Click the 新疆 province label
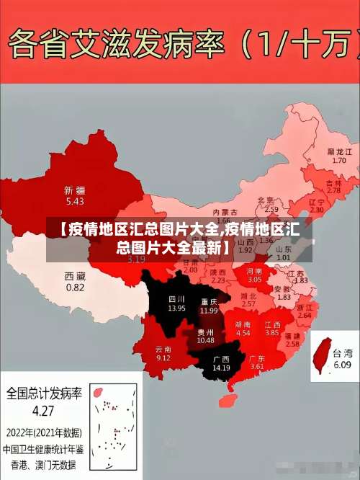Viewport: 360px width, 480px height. pos(74,190)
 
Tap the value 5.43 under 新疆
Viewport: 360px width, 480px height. pos(74,201)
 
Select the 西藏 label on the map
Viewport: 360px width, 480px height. pos(75,276)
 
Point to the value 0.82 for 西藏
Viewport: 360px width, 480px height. pos(75,287)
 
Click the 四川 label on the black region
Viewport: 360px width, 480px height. pos(176,298)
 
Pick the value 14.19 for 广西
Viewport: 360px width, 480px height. pos(221,368)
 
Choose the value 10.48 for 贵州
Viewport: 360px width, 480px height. pos(205,340)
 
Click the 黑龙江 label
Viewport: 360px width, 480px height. pos(339,152)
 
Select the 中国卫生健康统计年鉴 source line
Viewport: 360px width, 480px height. pos(44,448)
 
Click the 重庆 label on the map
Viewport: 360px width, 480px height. pos(210,301)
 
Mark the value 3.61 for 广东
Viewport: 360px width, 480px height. pos(257,367)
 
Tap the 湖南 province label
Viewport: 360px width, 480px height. pos(243,324)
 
